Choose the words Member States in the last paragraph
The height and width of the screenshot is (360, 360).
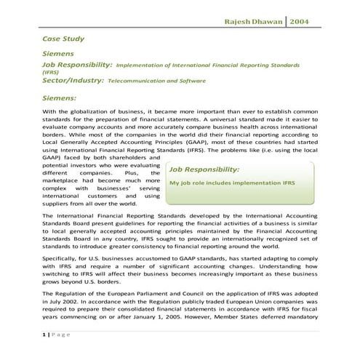255,319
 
